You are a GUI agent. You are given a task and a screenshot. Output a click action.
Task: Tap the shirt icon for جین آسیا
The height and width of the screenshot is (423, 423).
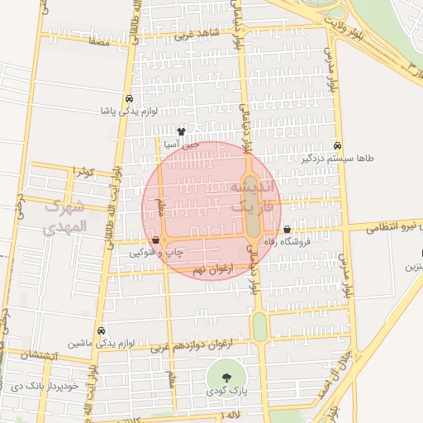point(182,131)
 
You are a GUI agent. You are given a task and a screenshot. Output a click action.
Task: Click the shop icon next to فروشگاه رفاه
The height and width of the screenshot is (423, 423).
point(287,230)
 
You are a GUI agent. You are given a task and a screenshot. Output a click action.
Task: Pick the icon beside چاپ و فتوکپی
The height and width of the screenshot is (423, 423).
point(156,240)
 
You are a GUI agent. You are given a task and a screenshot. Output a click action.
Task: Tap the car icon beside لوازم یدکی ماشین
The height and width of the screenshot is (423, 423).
point(101,330)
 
